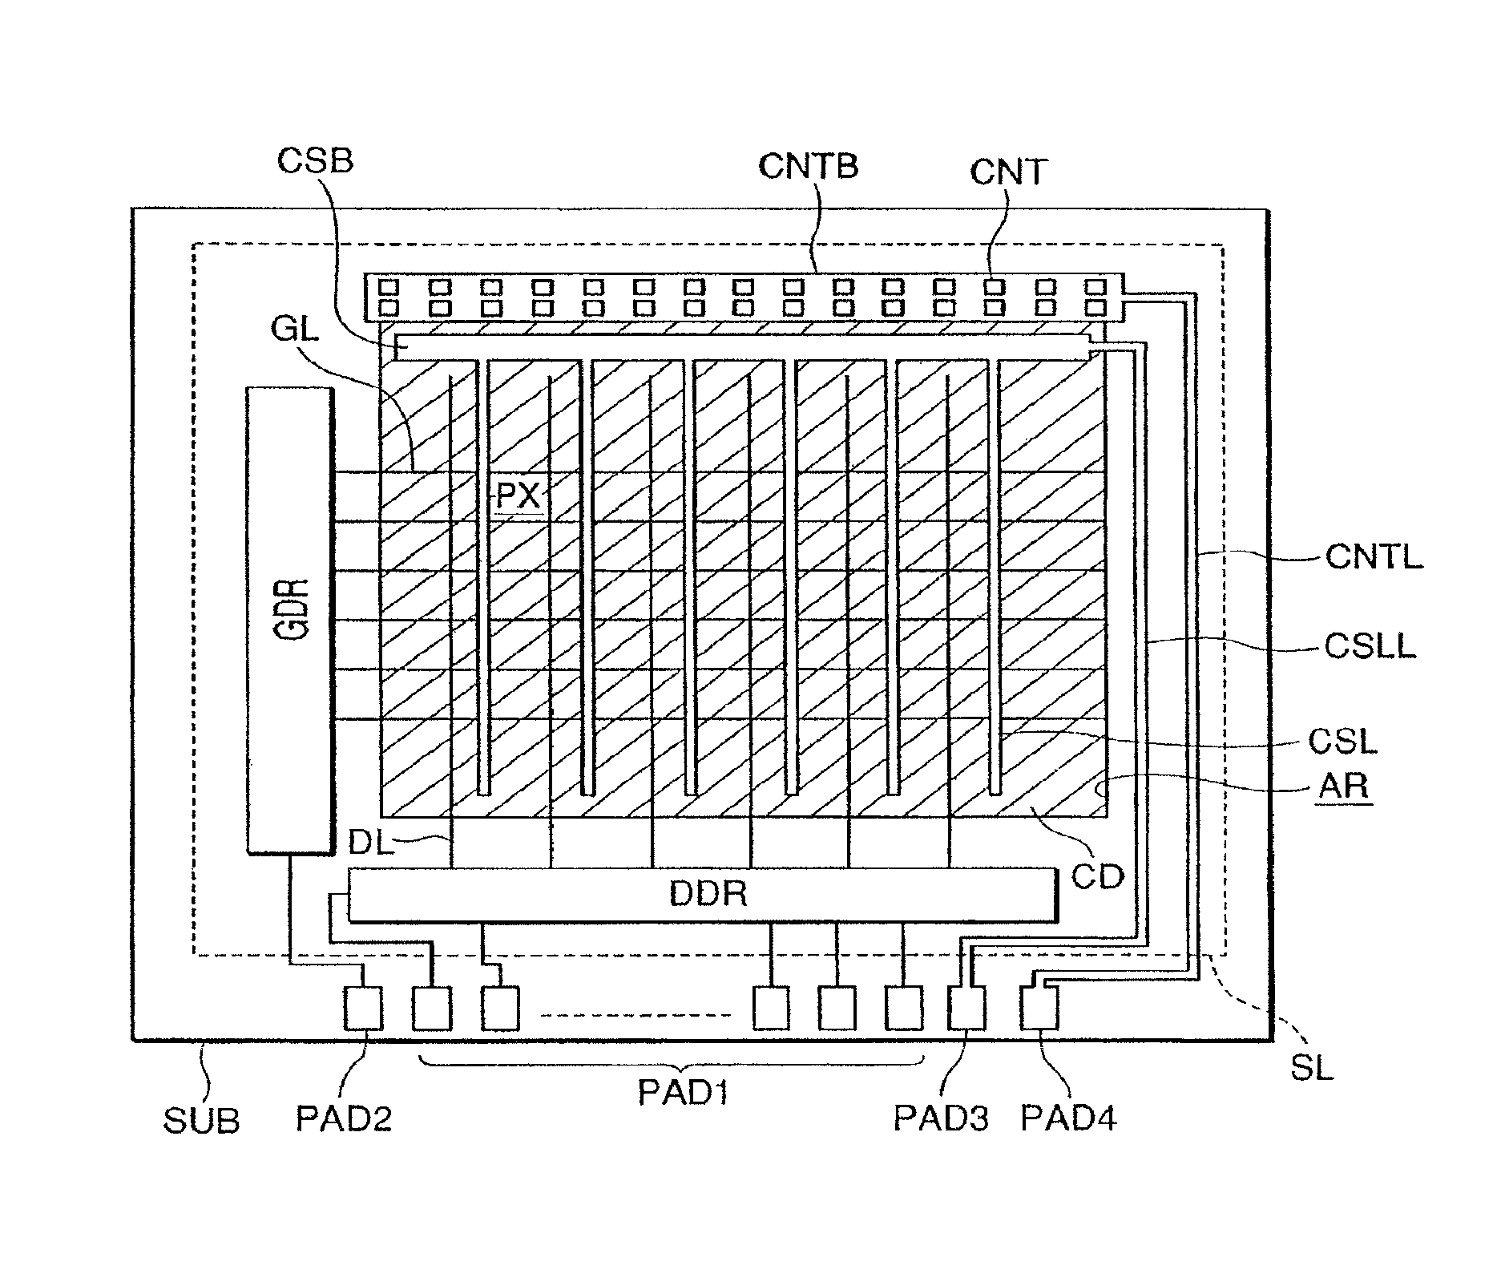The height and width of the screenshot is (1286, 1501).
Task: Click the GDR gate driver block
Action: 289,620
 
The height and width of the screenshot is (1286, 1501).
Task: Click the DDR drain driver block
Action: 702,895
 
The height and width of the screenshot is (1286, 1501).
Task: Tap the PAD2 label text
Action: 345,1118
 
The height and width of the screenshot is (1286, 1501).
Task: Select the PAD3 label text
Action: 942,1118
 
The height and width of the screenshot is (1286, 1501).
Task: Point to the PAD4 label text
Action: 1068,1118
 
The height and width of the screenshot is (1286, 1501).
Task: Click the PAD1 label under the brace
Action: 684,1092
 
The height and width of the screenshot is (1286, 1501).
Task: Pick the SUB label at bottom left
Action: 201,1120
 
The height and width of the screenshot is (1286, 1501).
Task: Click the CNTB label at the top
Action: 809,166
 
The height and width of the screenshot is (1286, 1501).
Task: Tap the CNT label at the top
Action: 1009,172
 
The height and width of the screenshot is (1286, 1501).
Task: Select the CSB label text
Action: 315,160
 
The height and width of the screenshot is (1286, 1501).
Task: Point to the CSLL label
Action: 1370,645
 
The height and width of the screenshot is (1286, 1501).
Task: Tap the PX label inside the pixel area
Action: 519,496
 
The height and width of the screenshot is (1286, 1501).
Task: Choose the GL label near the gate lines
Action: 296,330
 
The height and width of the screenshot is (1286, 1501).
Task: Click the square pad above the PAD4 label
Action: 1039,1007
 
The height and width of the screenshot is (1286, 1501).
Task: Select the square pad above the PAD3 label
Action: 967,1007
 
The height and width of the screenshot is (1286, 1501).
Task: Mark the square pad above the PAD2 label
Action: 363,1007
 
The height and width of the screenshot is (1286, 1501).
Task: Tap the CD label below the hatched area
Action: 1098,877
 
